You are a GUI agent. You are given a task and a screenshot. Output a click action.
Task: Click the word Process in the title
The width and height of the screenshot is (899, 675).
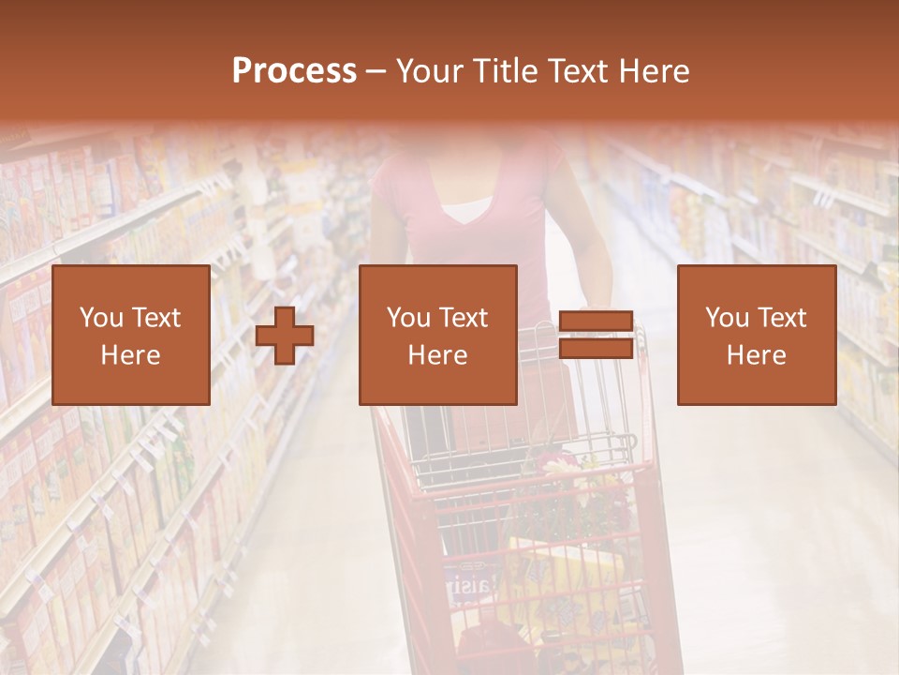(294, 71)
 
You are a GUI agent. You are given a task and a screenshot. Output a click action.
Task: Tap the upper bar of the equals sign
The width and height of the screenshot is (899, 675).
(596, 321)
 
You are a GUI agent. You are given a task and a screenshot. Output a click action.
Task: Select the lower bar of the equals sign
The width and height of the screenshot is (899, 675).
(596, 349)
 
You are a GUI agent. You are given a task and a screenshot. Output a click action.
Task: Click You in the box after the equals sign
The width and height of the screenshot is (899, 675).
(727, 318)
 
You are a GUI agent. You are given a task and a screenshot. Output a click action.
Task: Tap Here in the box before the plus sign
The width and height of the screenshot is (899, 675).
(130, 355)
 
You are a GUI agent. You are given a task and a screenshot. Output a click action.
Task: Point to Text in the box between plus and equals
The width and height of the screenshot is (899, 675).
(464, 318)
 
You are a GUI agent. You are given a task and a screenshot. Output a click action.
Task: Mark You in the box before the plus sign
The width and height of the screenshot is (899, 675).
(101, 318)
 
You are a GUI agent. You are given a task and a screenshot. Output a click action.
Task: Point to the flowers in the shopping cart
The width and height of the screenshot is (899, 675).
(571, 487)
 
